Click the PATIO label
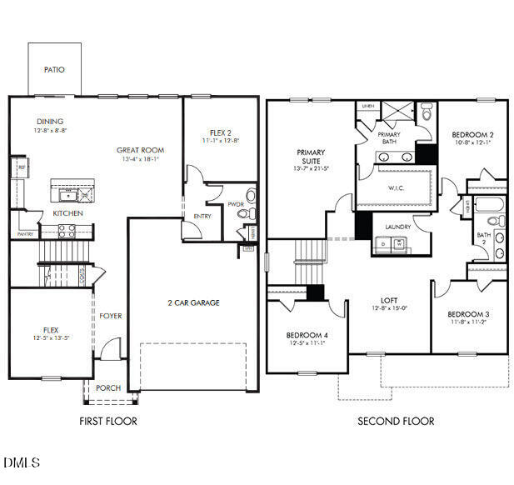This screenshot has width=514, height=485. [54, 70]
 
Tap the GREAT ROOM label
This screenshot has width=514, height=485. [138, 151]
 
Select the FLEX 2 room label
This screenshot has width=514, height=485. [221, 132]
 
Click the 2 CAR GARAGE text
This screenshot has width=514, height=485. [193, 302]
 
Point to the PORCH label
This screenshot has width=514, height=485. [108, 387]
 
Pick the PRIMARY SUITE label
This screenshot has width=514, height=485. [311, 157]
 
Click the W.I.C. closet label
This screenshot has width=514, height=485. [397, 187]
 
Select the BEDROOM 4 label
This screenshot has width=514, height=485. [307, 335]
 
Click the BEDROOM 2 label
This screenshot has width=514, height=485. [473, 134]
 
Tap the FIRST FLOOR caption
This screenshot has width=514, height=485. [107, 422]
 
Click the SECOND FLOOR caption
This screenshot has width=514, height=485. [395, 422]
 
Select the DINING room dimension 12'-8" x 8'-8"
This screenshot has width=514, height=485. [50, 131]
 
